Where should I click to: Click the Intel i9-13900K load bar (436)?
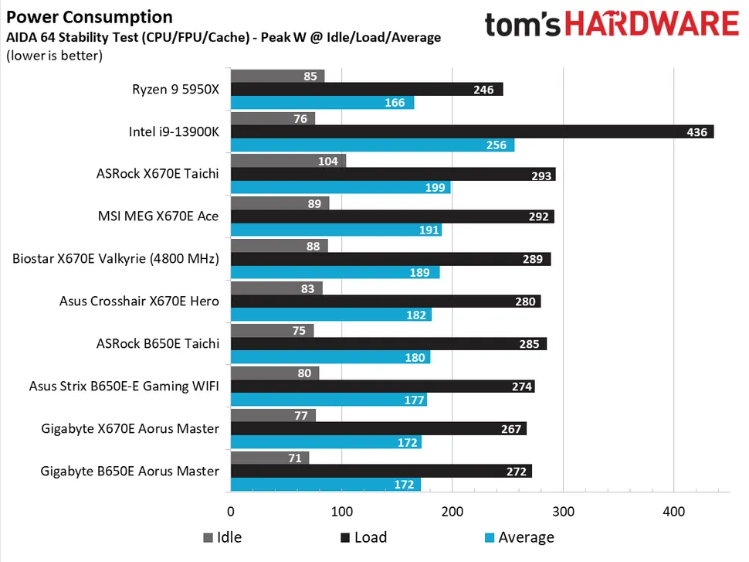[x=471, y=132]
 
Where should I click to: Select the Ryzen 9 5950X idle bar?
[x=277, y=76]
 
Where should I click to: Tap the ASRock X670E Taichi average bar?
[x=340, y=188]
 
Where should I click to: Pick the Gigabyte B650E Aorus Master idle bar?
[x=269, y=458]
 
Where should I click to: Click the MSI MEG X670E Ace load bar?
[x=391, y=216]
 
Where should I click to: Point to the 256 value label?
[x=497, y=145]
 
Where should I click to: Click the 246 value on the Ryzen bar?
[x=483, y=90]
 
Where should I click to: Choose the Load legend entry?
[x=362, y=537]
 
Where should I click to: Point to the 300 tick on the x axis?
[x=564, y=511]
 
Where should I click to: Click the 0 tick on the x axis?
[x=231, y=511]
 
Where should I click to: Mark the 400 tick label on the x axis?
[x=674, y=511]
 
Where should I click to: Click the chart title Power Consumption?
[x=90, y=17]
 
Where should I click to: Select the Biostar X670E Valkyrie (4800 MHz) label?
[x=116, y=258]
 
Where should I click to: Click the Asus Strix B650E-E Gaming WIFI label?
[x=124, y=386]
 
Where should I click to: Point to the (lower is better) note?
[x=54, y=55]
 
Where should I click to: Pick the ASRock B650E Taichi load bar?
[x=388, y=344]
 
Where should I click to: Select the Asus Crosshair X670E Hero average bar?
[x=330, y=315]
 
